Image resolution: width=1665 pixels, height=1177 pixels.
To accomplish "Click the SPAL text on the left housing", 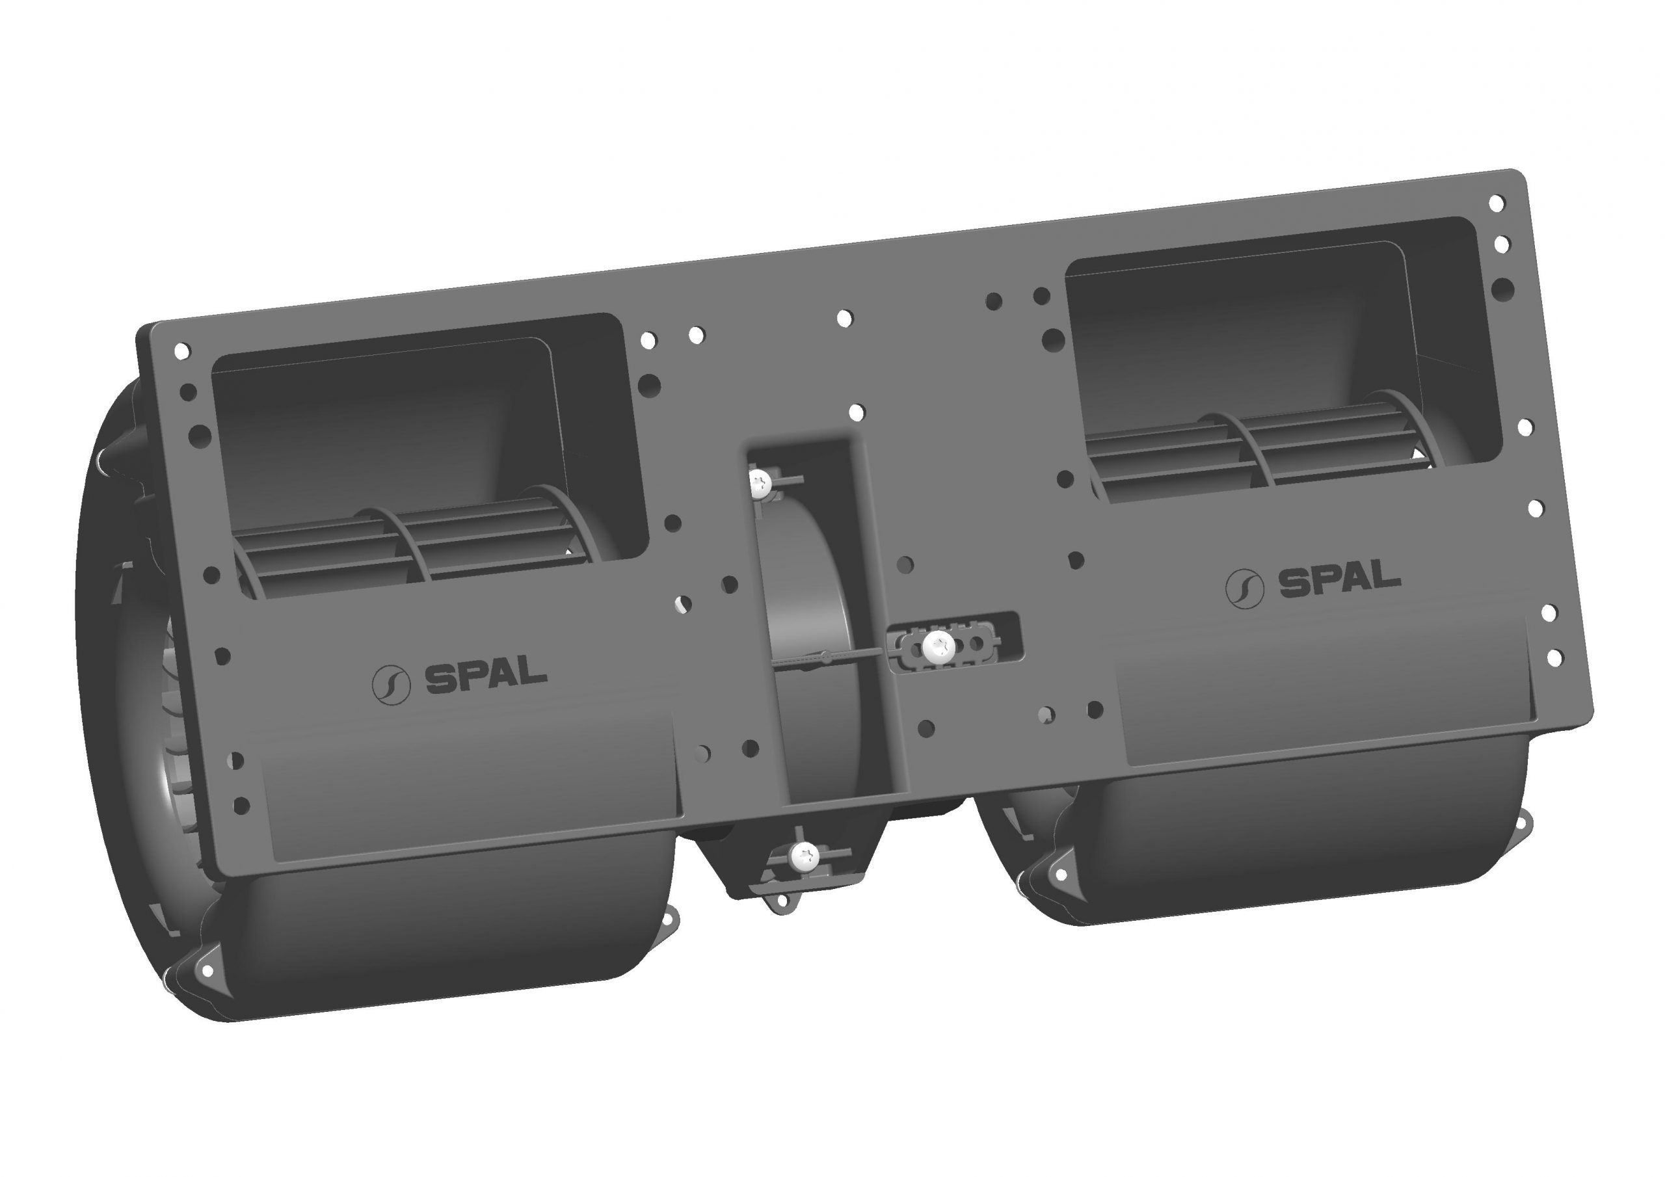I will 486,678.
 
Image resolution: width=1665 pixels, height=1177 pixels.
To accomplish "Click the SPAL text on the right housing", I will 1339,580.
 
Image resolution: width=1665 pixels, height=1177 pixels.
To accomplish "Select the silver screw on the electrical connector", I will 940,643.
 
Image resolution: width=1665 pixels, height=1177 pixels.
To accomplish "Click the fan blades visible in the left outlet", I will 406,551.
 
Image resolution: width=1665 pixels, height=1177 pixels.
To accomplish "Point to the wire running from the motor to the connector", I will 841,657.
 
